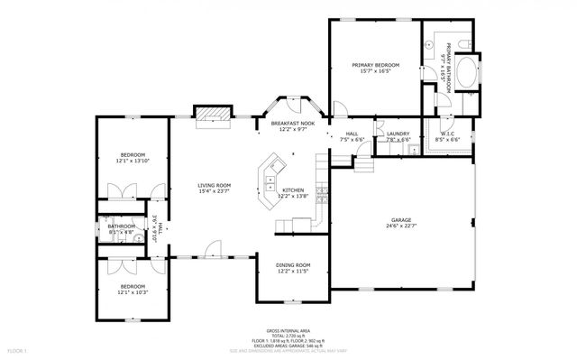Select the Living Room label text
coord(215,186)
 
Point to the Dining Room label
coord(292,264)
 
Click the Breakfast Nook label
coord(293,124)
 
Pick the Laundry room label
coord(398,134)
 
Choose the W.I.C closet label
coord(448,134)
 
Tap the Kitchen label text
coord(294,190)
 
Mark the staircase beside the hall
coord(362,165)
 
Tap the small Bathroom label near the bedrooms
coord(121,226)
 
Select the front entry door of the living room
coord(210,249)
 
